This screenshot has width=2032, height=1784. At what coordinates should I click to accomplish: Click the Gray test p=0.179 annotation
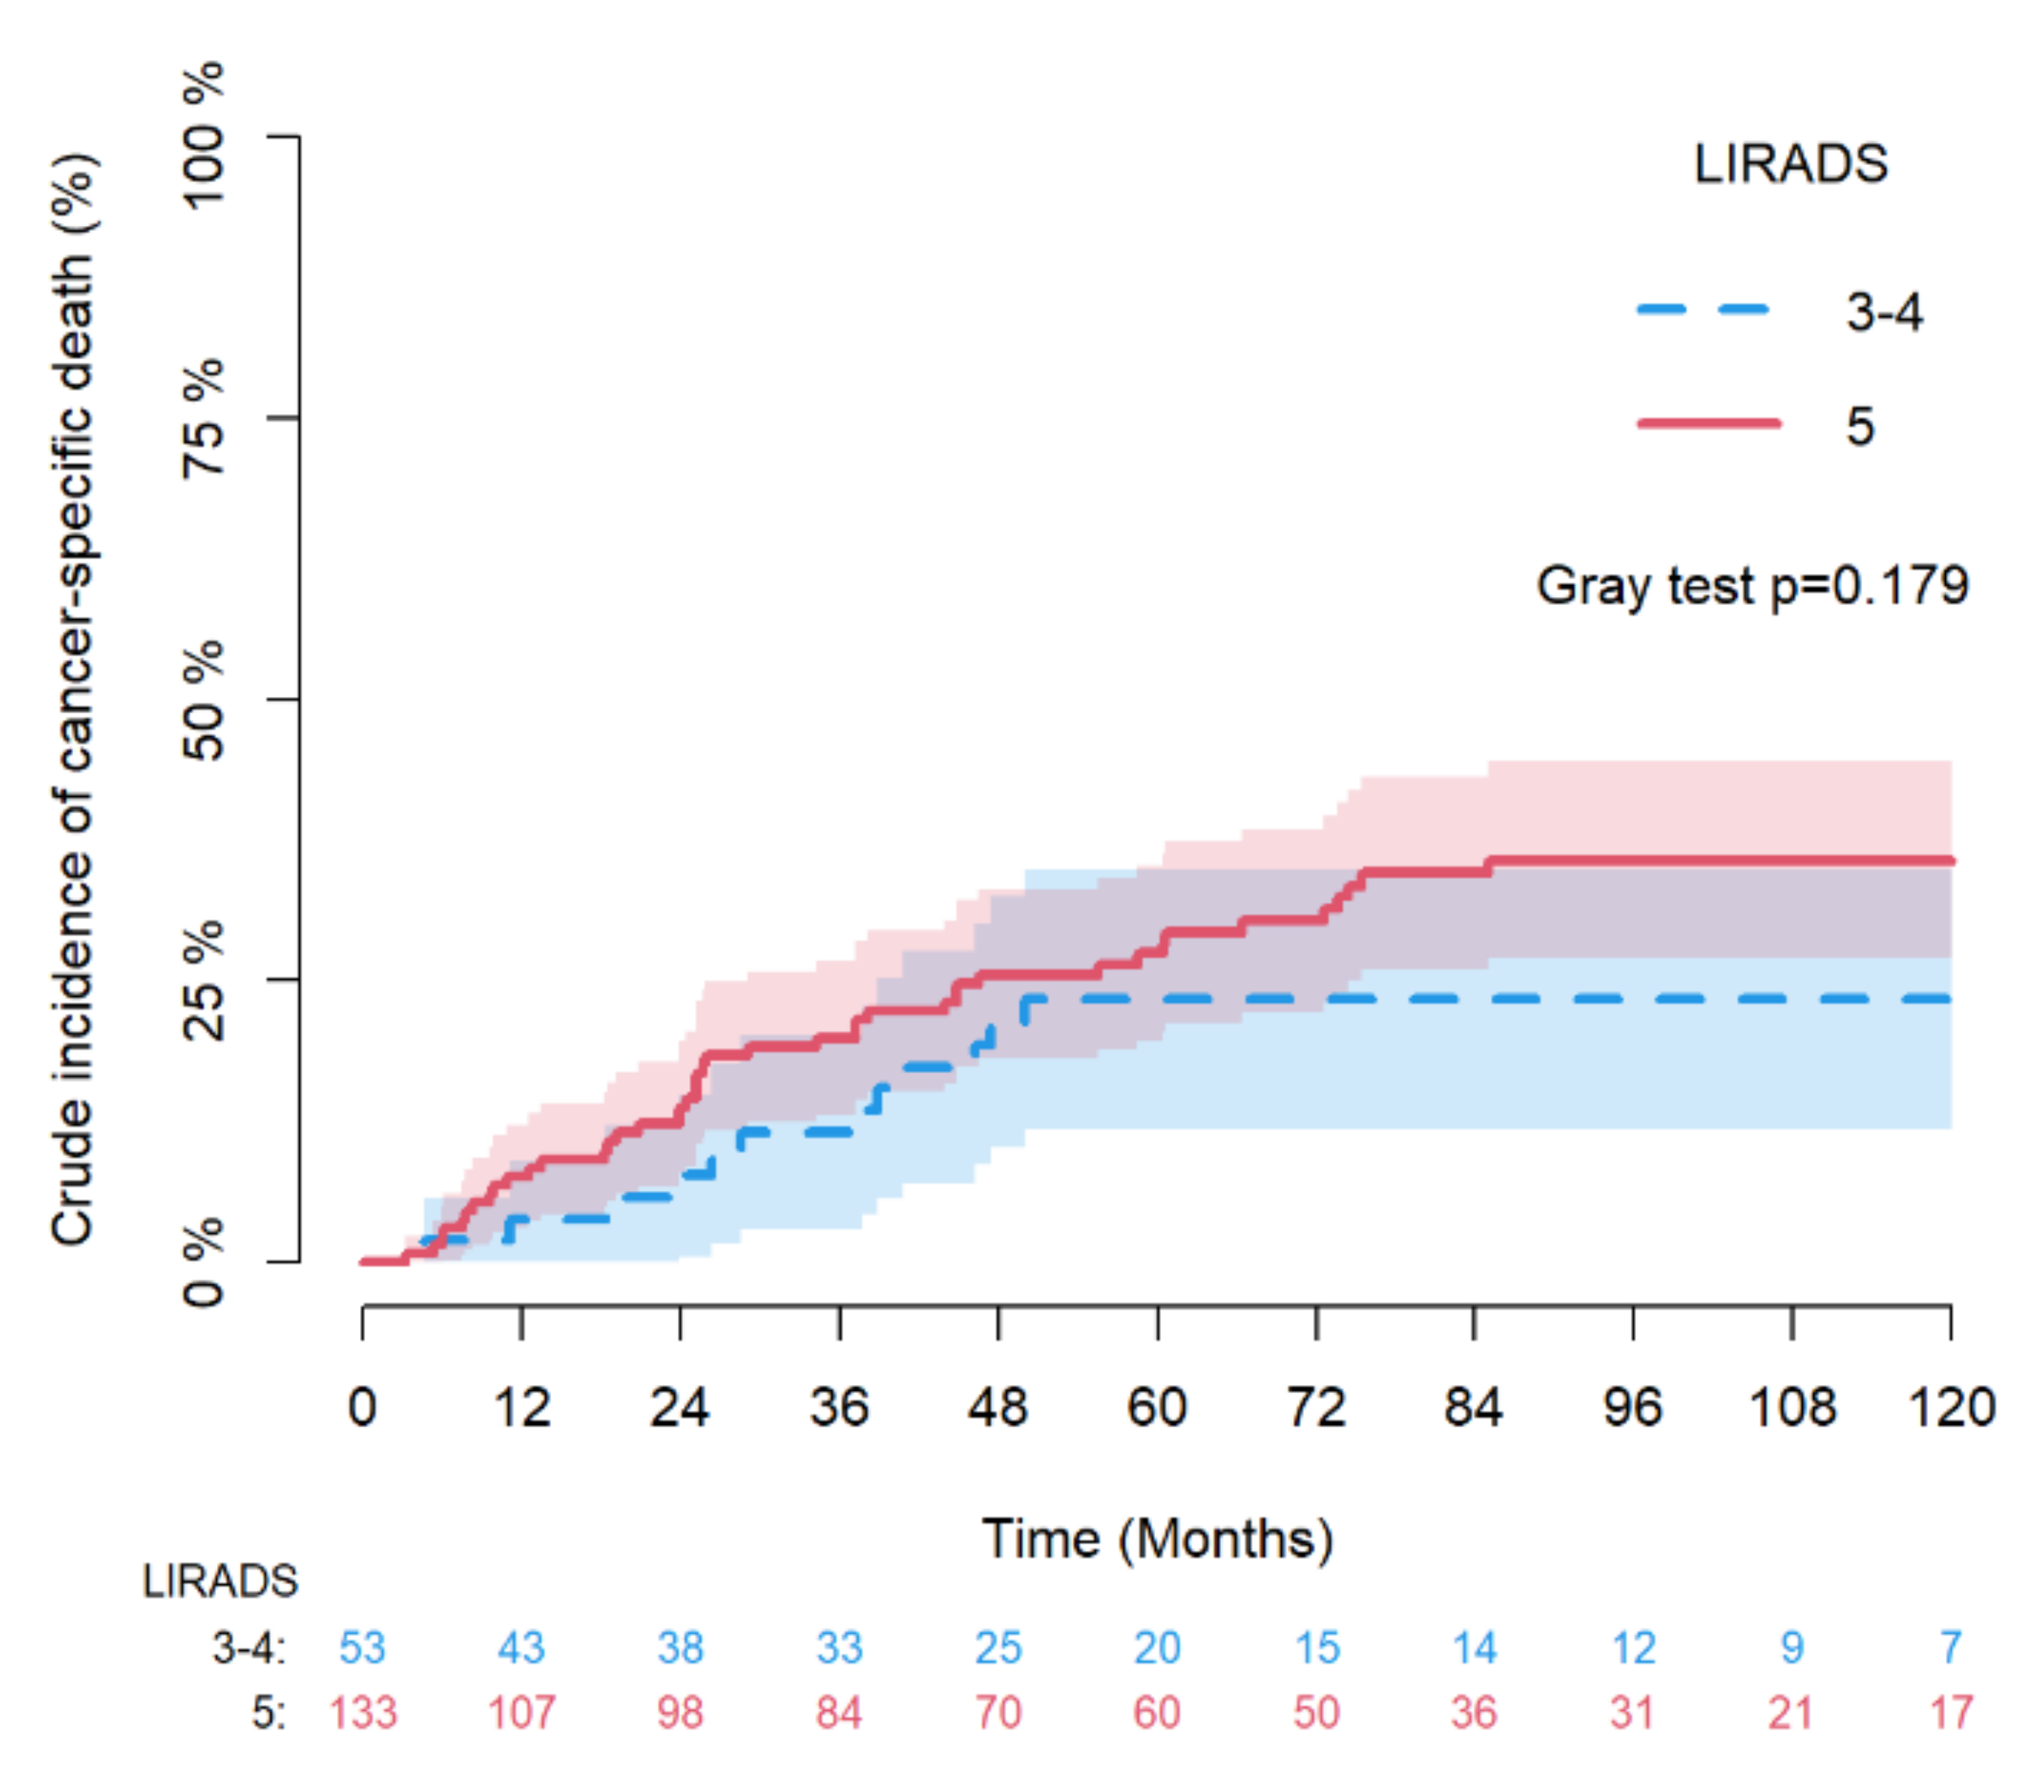(x=1752, y=586)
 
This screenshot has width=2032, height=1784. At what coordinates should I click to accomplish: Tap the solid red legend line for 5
(x=1708, y=423)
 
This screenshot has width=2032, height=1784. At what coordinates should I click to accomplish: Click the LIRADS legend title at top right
(x=1791, y=164)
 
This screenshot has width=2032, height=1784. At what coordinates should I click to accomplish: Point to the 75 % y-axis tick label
(x=204, y=418)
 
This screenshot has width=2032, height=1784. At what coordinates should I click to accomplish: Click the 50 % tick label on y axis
(x=204, y=699)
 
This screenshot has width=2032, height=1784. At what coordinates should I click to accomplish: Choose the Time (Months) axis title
(x=1157, y=1539)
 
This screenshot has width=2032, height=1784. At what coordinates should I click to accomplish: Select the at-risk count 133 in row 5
(x=363, y=1713)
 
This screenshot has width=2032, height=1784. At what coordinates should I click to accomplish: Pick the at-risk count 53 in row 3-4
(x=362, y=1648)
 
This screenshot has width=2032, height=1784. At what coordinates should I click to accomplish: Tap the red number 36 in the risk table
(x=1474, y=1713)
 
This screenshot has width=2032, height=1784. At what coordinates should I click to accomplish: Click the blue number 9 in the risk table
(x=1791, y=1648)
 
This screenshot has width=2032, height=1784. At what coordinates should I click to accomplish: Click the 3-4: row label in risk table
(x=249, y=1648)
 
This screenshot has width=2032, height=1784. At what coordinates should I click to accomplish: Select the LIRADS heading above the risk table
(x=219, y=1581)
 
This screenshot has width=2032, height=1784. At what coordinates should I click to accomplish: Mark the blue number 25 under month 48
(x=997, y=1648)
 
